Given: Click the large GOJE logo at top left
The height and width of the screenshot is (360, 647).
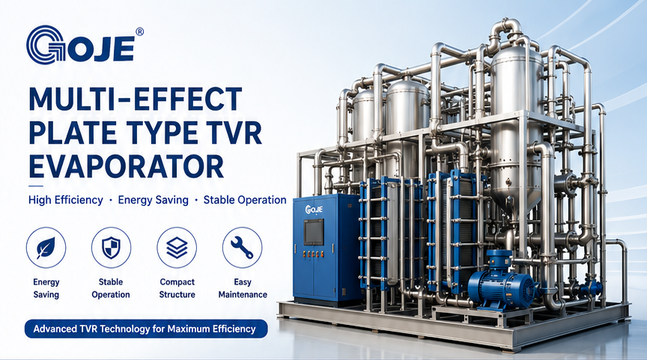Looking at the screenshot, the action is (x=81, y=45).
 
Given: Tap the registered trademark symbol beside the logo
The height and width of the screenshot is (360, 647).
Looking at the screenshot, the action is (x=139, y=31).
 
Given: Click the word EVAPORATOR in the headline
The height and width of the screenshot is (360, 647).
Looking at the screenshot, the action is (x=127, y=167).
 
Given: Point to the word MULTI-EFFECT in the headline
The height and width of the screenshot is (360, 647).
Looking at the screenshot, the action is (x=136, y=99).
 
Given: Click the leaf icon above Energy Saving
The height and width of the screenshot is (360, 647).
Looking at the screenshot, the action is (x=46, y=248).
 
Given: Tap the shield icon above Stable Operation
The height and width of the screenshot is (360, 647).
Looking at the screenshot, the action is (x=111, y=248).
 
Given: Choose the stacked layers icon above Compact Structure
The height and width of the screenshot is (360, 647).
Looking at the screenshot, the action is (x=177, y=248).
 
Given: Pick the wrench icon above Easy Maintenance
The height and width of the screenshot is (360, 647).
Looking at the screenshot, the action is (x=242, y=248).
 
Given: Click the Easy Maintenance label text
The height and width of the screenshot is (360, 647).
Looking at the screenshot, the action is (x=243, y=288).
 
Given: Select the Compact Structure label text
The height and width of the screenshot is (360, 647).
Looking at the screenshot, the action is (x=177, y=288).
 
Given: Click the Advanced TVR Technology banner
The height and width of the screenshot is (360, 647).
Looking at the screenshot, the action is (x=146, y=329).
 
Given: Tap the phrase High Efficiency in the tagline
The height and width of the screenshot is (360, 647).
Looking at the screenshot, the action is (x=66, y=200).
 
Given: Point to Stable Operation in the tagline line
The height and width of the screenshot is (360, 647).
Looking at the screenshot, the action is (x=245, y=200).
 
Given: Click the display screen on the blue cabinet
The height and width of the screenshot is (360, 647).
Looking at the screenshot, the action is (x=314, y=232).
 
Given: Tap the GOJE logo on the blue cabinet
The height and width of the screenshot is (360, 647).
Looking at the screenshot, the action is (x=314, y=210).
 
